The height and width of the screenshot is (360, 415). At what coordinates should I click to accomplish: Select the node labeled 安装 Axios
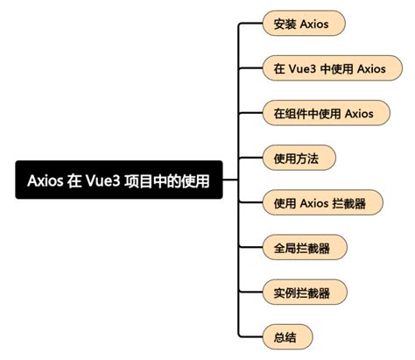[303, 24]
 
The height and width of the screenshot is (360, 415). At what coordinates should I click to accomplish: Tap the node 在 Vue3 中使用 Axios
[326, 68]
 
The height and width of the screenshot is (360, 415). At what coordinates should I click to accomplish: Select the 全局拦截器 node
[303, 247]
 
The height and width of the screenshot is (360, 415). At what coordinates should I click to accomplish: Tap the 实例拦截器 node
[303, 292]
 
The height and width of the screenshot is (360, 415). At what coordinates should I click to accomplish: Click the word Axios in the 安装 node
[314, 24]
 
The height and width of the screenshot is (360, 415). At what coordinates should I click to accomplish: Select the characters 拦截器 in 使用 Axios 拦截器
[349, 202]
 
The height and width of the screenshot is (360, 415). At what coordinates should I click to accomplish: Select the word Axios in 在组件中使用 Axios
[359, 113]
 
